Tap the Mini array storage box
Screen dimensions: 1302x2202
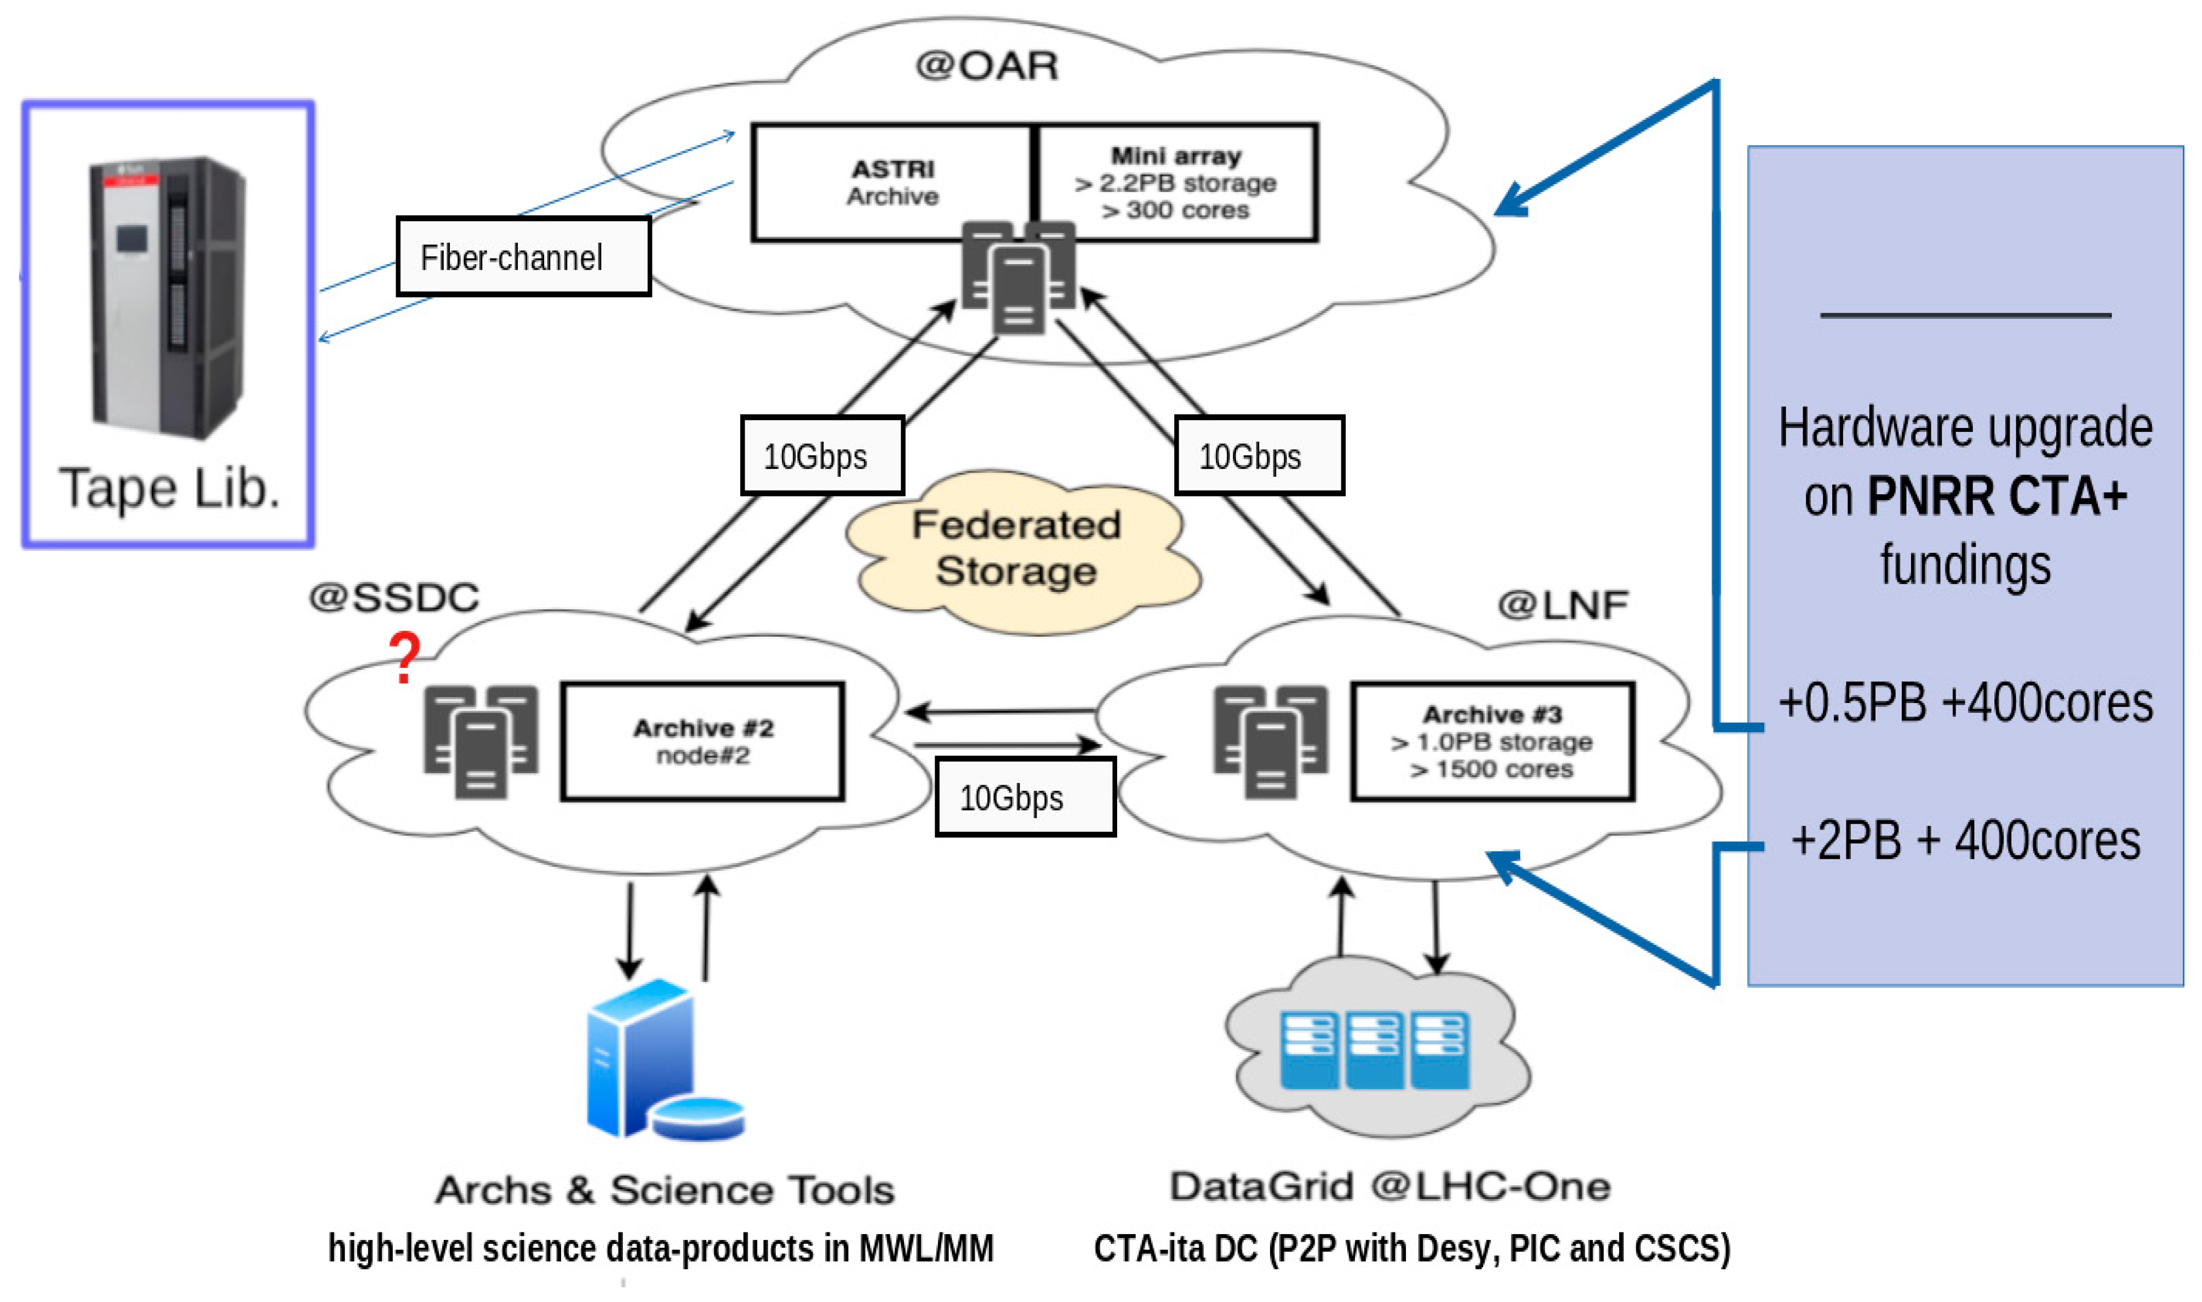coord(1176,182)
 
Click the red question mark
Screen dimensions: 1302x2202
coord(404,658)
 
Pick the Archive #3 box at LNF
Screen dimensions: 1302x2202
coord(1492,741)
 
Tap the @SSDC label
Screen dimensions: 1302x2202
coord(394,597)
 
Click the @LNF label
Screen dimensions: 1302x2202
coord(1563,604)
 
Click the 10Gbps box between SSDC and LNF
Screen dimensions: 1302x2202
coord(1024,797)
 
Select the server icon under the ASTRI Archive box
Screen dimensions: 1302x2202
coord(1017,276)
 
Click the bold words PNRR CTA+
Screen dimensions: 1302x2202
coord(1997,496)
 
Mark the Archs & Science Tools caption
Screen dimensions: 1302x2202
coord(665,1190)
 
